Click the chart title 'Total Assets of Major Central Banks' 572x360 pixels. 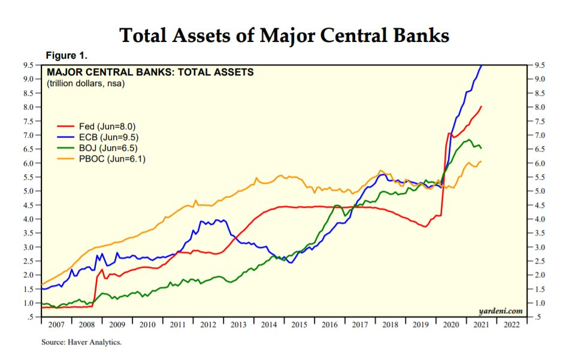[285, 35]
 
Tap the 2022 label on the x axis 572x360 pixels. [512, 325]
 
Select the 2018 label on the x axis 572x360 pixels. [391, 325]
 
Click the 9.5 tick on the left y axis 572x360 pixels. [28, 65]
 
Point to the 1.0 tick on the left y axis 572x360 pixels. [28, 303]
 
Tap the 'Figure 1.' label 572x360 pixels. [66, 56]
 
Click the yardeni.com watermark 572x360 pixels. [501, 311]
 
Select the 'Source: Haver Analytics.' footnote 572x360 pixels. [81, 343]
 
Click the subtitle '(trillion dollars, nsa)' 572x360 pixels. [86, 83]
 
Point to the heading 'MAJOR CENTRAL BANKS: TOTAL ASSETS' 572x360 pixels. [150, 72]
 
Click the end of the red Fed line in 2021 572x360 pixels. [482, 107]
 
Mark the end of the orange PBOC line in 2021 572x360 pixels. [482, 161]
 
